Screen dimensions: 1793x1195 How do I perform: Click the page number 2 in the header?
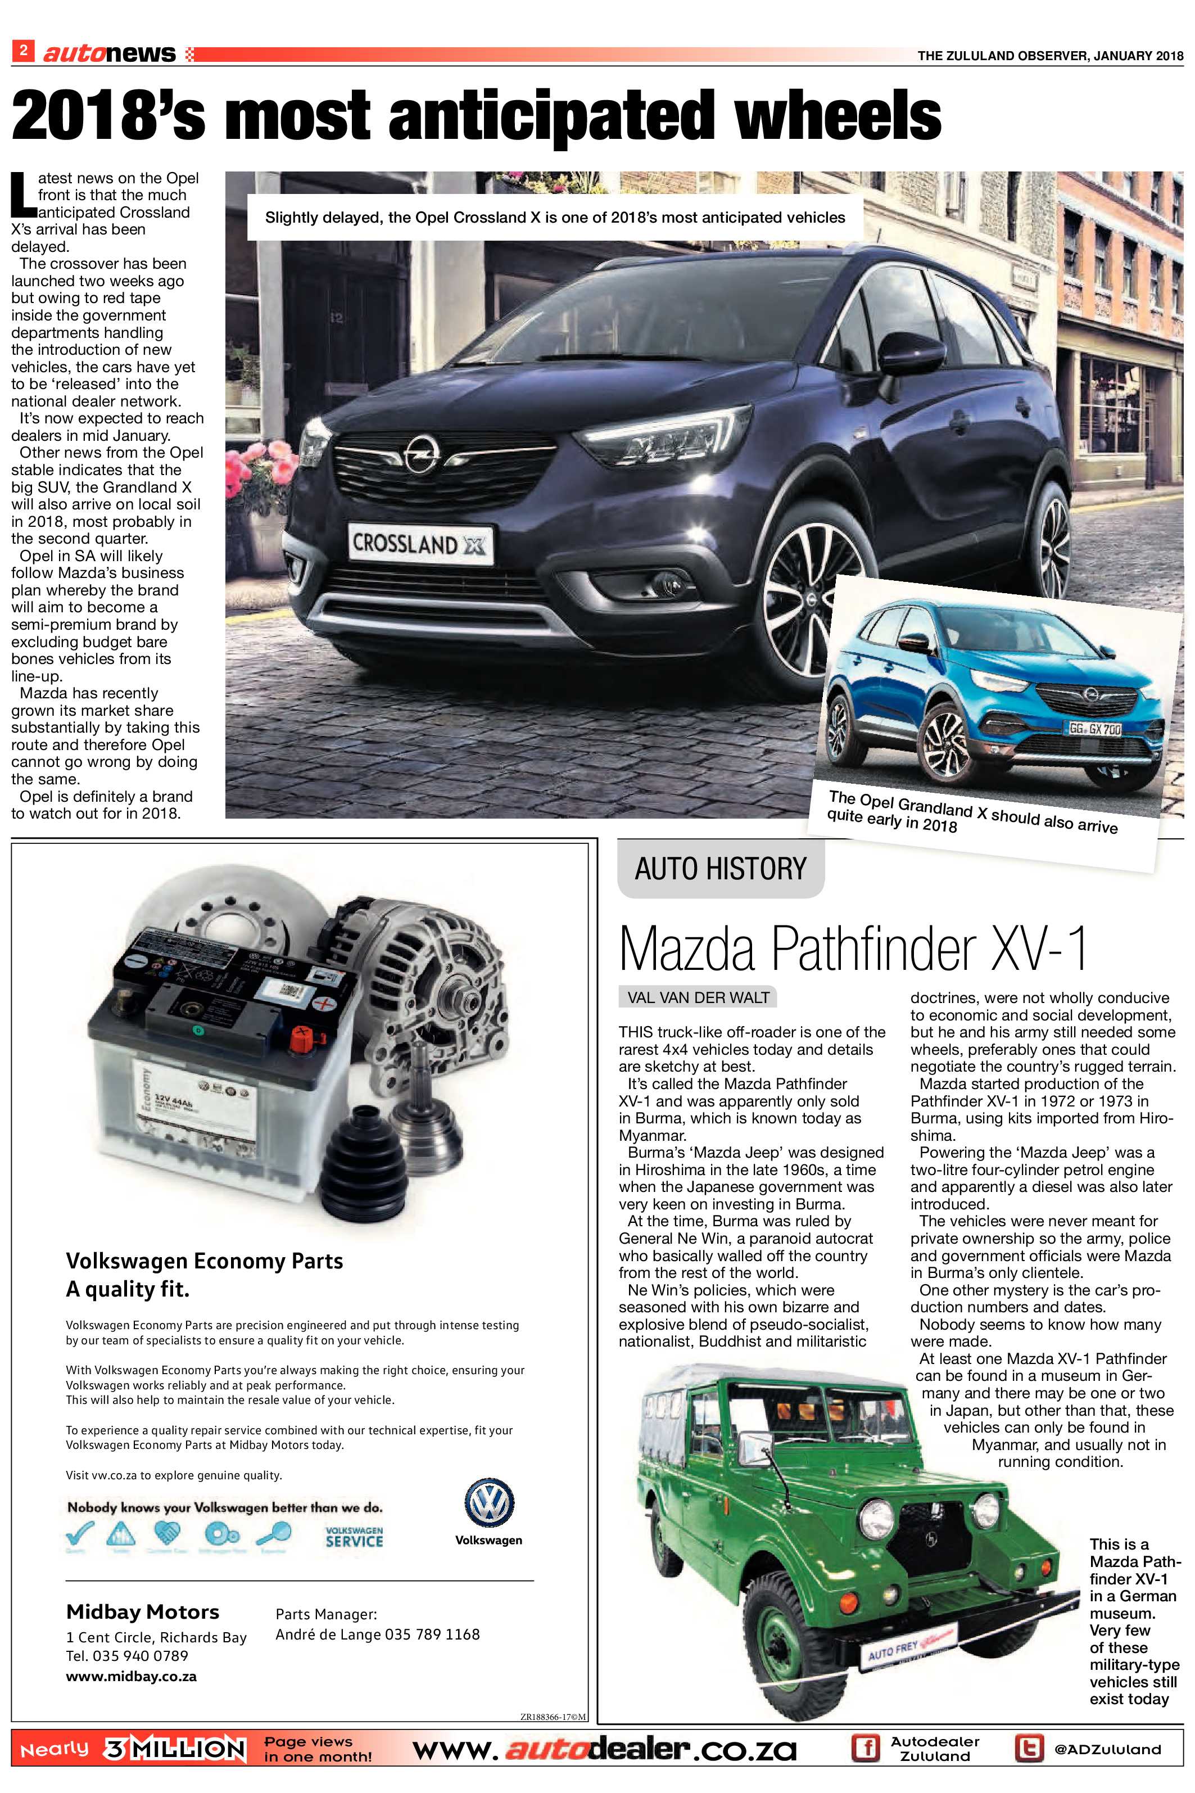(23, 51)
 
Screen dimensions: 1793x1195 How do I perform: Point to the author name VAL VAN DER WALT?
(698, 997)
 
